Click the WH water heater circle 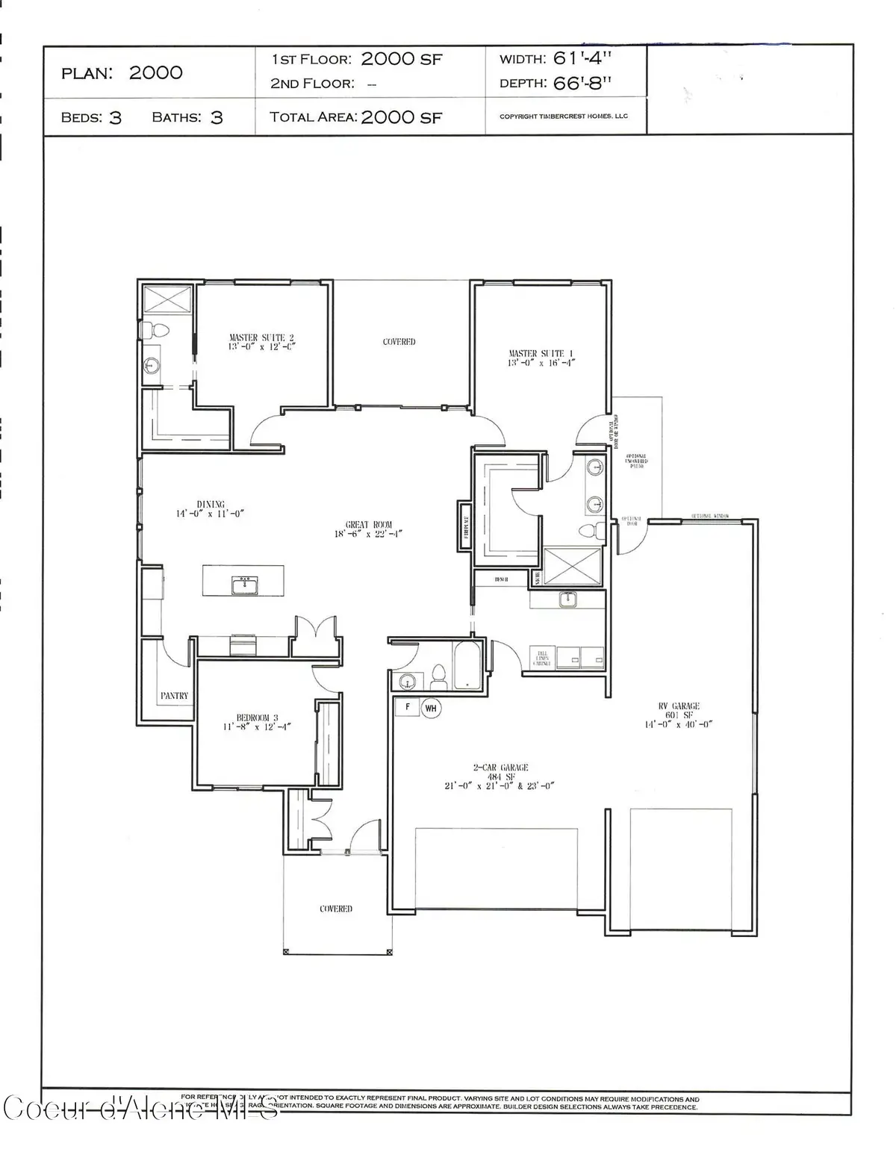(x=431, y=708)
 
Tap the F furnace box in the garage (x=408, y=706)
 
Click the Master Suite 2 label (x=256, y=342)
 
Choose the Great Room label (x=368, y=529)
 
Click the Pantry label (x=174, y=695)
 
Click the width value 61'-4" (x=583, y=58)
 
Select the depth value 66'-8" (x=582, y=83)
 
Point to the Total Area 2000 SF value (x=401, y=117)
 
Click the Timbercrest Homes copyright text (x=564, y=116)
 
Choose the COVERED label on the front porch (x=336, y=909)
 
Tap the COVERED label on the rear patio (x=399, y=341)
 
